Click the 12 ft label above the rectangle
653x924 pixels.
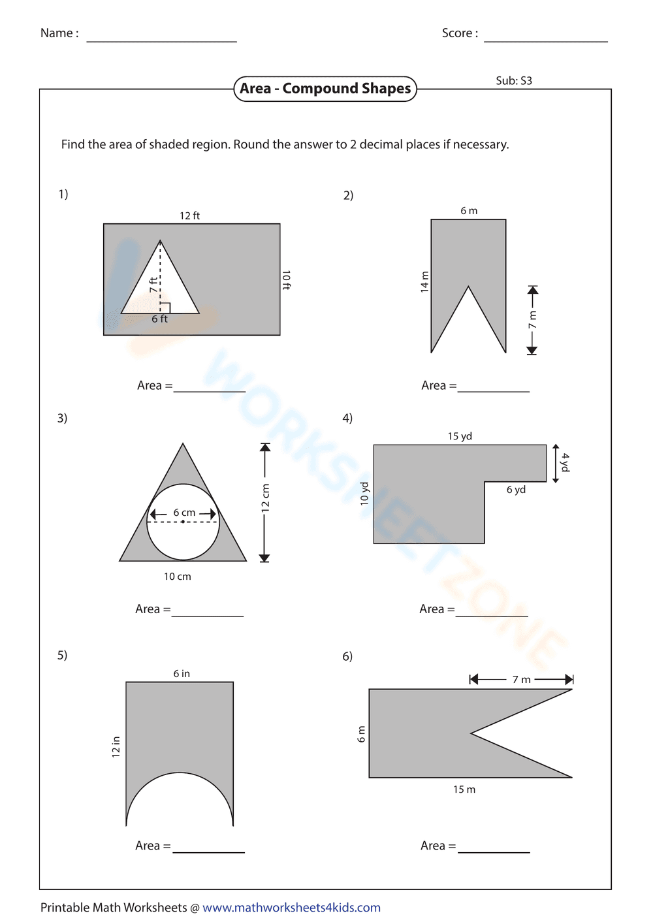tap(189, 215)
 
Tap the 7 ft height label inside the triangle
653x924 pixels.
tap(153, 285)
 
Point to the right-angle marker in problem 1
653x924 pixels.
tap(165, 308)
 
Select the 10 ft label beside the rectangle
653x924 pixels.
tap(286, 279)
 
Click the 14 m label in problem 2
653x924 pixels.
tap(424, 281)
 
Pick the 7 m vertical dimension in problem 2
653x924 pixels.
tap(532, 320)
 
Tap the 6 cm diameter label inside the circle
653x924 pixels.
tap(184, 513)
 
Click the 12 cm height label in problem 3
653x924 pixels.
tap(265, 498)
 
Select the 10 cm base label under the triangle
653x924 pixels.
tap(177, 577)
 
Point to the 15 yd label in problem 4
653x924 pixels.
tap(460, 436)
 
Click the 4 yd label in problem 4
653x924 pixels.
tap(565, 462)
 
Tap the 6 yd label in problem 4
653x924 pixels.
tap(516, 490)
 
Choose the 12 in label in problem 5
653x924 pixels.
tap(116, 746)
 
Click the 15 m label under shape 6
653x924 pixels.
tap(464, 789)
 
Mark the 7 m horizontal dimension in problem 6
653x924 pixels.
tap(521, 680)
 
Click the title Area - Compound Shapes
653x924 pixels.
tap(325, 89)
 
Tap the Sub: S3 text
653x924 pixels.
tap(514, 81)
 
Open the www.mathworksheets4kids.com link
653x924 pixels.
tap(291, 908)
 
